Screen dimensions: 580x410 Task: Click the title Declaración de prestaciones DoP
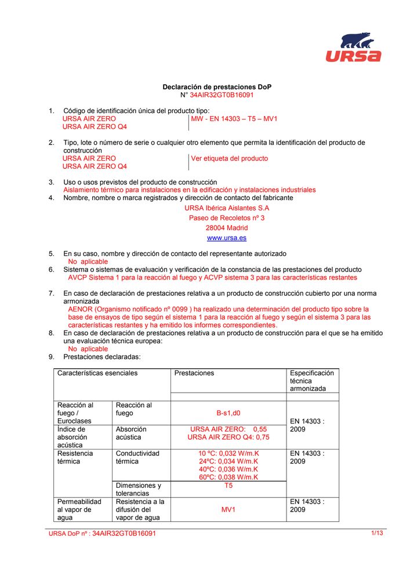pyautogui.click(x=216, y=87)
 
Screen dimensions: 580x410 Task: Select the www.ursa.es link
pyautogui.click(x=226, y=238)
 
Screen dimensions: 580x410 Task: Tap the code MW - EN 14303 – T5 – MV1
pyautogui.click(x=234, y=119)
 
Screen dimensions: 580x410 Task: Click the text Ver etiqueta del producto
pyautogui.click(x=230, y=158)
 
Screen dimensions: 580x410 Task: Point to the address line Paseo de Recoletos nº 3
pyautogui.click(x=226, y=218)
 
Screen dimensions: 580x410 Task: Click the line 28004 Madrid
pyautogui.click(x=226, y=228)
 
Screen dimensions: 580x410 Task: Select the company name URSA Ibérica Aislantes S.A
pyautogui.click(x=226, y=208)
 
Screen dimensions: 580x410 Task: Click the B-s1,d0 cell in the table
pyautogui.click(x=228, y=414)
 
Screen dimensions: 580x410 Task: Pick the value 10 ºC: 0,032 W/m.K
pyautogui.click(x=228, y=454)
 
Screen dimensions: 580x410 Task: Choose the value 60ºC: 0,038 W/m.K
pyautogui.click(x=228, y=477)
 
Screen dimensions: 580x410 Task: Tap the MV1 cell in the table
pyautogui.click(x=228, y=510)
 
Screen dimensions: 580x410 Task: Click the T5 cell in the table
pyautogui.click(x=228, y=485)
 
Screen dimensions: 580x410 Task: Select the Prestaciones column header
pyautogui.click(x=194, y=374)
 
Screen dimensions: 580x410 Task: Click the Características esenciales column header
pyautogui.click(x=97, y=374)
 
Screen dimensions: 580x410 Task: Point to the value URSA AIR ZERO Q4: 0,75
pyautogui.click(x=228, y=437)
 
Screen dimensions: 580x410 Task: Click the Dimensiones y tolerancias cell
pyautogui.click(x=139, y=490)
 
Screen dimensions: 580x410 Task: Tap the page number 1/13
pyautogui.click(x=378, y=533)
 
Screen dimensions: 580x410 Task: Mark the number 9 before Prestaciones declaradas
pyautogui.click(x=51, y=357)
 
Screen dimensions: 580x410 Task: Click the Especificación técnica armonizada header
pyautogui.click(x=312, y=381)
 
